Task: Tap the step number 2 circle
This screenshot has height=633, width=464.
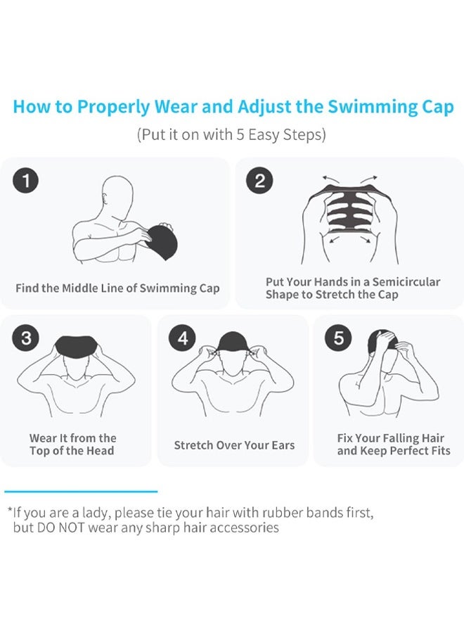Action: (259, 181)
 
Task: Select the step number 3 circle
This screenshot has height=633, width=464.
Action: (27, 338)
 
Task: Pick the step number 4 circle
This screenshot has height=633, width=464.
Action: (183, 338)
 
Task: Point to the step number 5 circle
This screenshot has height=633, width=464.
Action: (339, 338)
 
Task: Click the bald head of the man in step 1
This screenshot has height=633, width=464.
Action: (117, 193)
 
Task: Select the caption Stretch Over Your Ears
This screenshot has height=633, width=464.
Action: (234, 445)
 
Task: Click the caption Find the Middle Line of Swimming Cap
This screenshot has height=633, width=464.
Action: (117, 288)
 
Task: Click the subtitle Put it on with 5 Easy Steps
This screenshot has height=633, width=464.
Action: (231, 134)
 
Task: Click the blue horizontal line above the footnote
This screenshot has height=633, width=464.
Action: (81, 492)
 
